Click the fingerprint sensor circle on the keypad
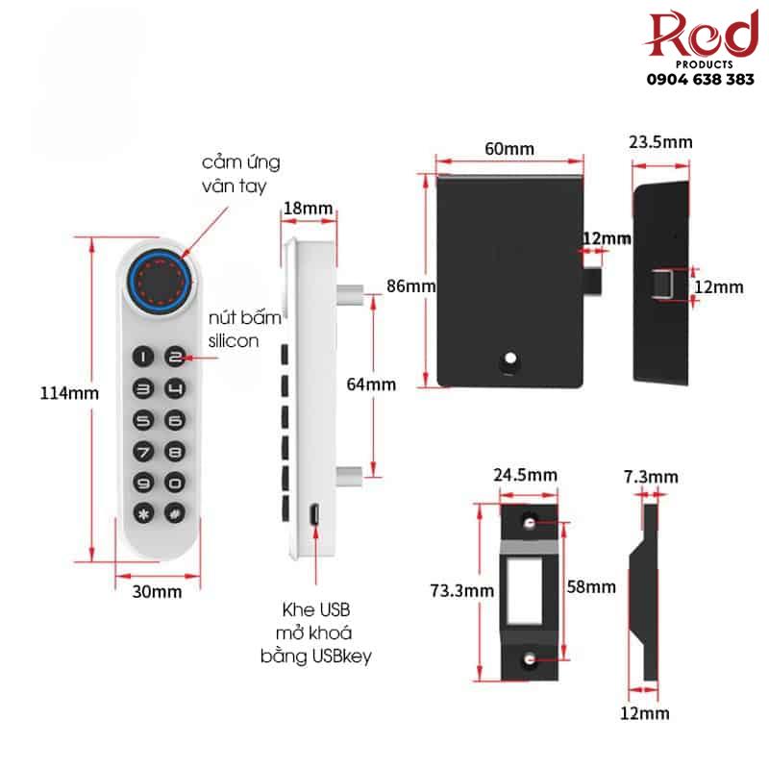click(x=161, y=281)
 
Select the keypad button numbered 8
click(x=174, y=451)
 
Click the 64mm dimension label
click(x=371, y=384)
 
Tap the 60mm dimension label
click(x=509, y=149)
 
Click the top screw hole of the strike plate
click(x=531, y=522)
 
